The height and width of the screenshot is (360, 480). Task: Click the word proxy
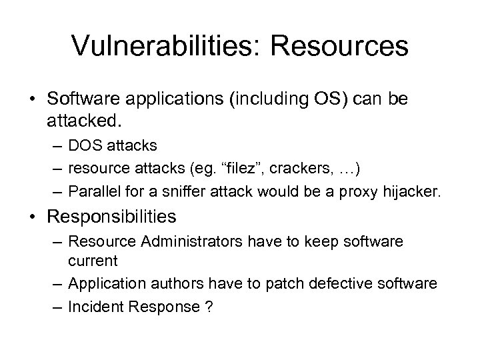point(361,193)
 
